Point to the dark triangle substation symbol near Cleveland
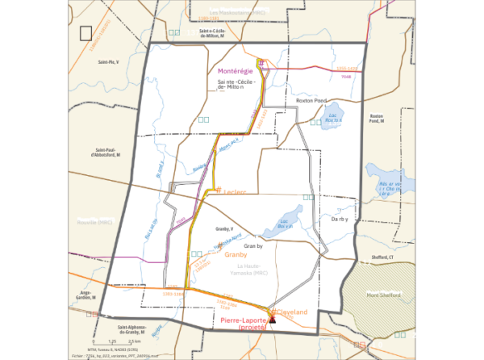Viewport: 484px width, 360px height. (273, 320)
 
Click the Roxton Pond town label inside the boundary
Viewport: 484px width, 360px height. (311, 101)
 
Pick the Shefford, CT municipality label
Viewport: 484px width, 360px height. (382, 257)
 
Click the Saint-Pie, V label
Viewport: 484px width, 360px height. (108, 61)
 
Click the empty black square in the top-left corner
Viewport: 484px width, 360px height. (86, 33)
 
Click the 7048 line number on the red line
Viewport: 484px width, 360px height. (347, 76)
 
